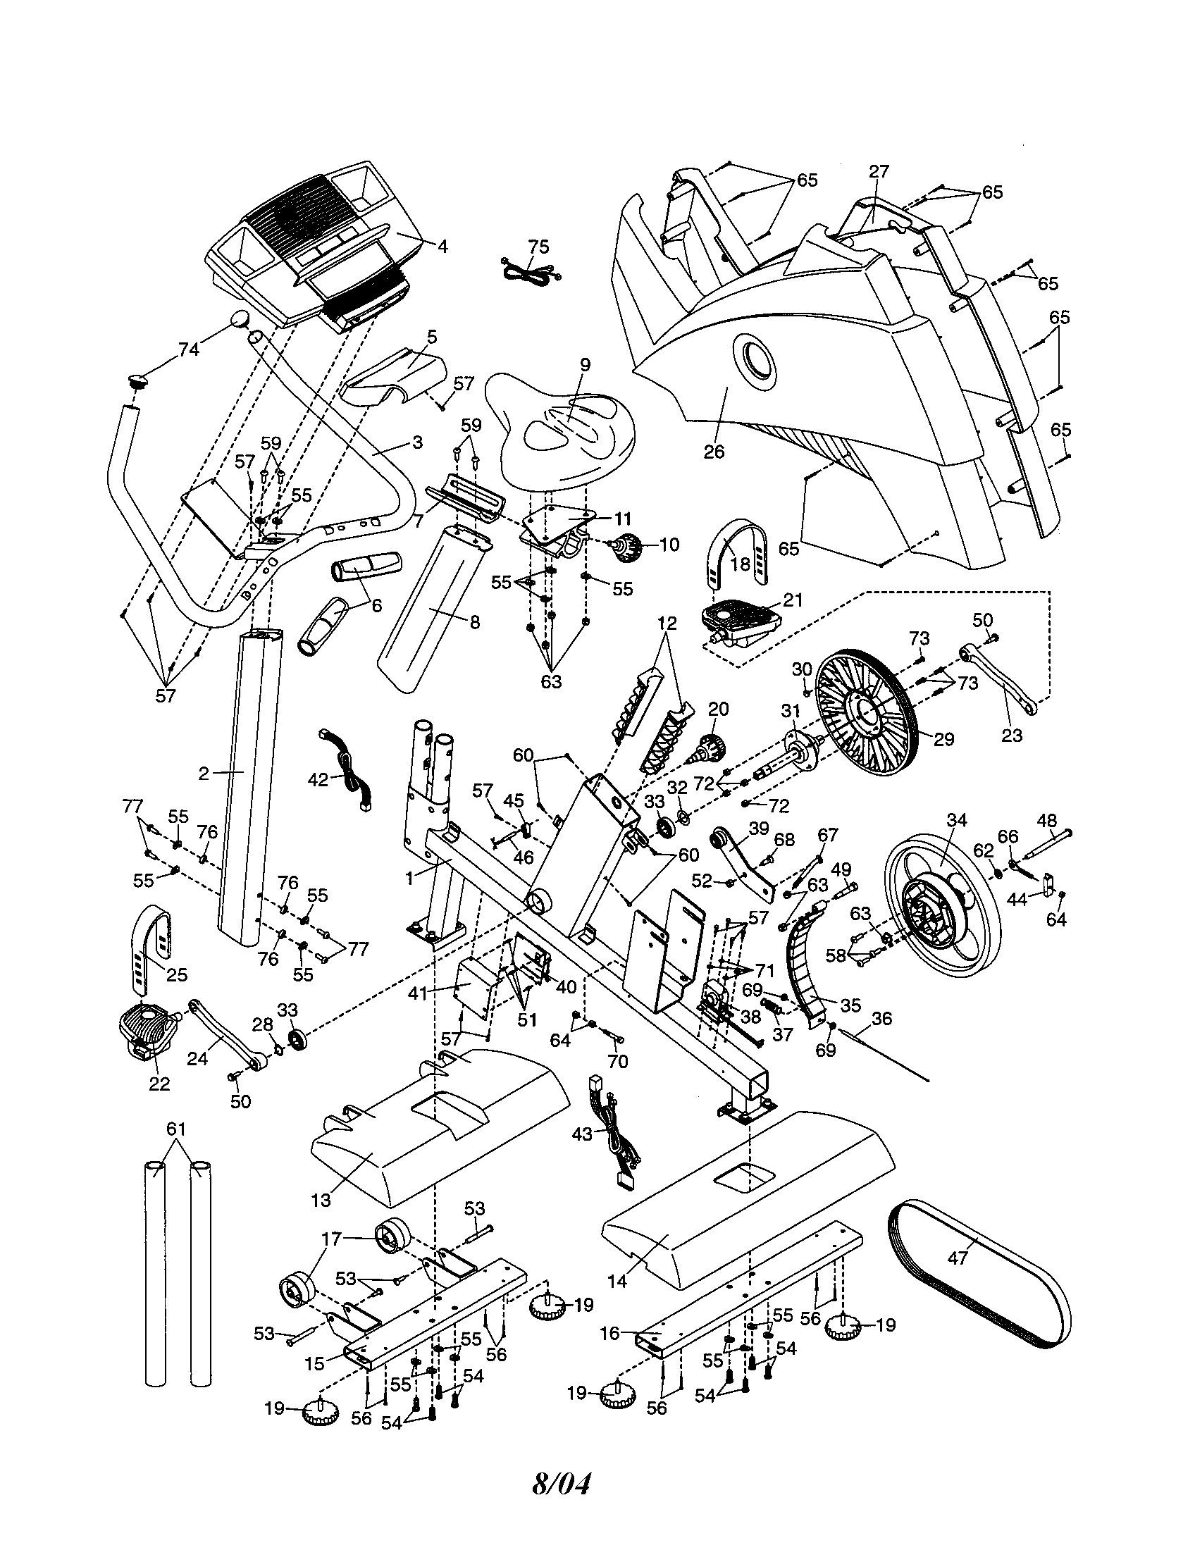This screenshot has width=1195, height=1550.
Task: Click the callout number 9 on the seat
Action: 585,365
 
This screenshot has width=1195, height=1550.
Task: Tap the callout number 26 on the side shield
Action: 714,452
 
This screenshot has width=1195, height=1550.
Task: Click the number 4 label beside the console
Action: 442,247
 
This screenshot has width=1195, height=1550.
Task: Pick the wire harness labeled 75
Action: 528,271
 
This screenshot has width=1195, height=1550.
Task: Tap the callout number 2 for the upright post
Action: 204,774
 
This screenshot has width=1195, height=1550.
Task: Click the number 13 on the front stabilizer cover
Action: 321,1199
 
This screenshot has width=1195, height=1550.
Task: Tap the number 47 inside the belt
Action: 958,1258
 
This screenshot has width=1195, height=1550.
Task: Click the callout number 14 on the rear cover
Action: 617,1282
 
